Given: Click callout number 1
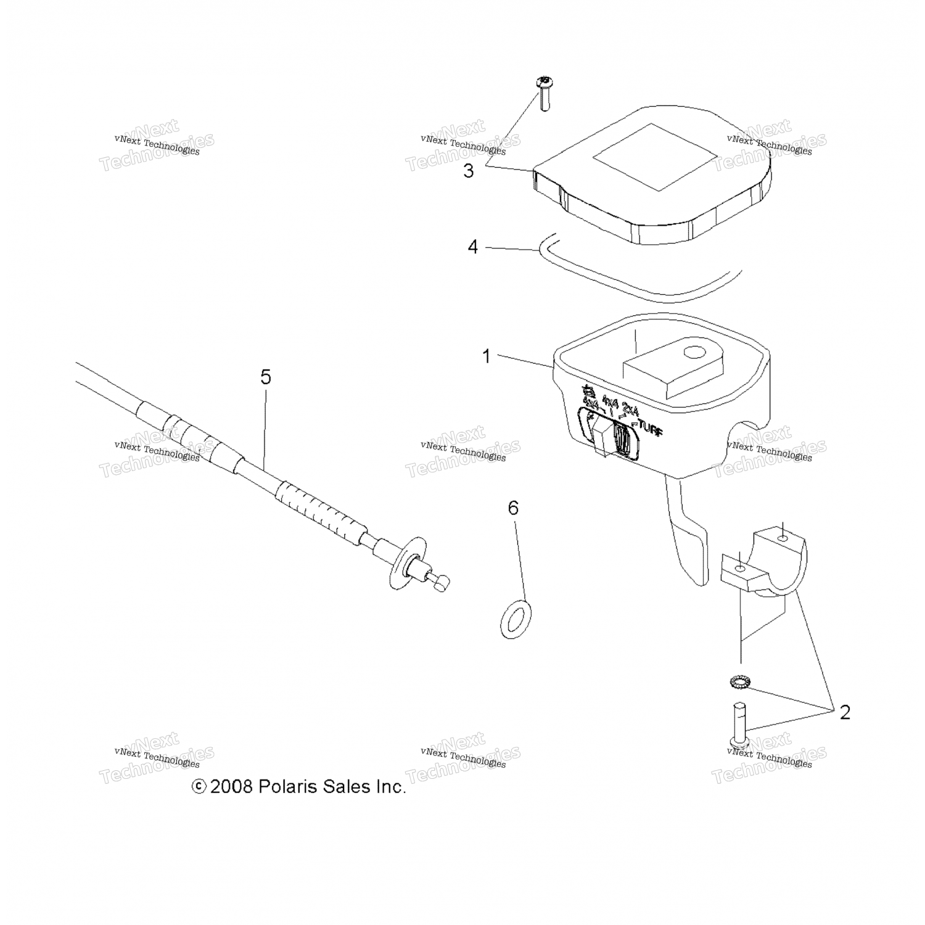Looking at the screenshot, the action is point(486,356).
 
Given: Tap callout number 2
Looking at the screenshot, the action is point(844,712).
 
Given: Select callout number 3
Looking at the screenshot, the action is point(469,171).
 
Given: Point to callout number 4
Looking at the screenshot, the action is point(472,247).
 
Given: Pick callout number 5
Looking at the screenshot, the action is point(265,377).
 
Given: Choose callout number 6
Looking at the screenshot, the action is point(513,508).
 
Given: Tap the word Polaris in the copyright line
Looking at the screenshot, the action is point(289,787).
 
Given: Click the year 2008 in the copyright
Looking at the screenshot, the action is point(231,787).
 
